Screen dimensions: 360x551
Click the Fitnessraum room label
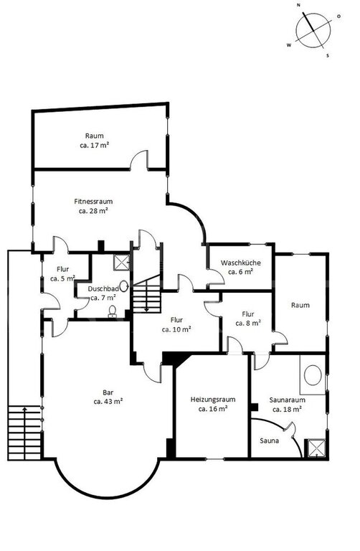[x=93, y=202]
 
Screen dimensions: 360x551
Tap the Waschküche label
[x=240, y=263]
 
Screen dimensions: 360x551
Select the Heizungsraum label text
[x=213, y=400]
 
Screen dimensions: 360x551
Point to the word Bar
[x=108, y=392]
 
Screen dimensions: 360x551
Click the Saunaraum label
[x=288, y=400]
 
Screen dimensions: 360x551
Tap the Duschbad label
[x=103, y=289]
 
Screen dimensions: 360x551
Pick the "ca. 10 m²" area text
[x=176, y=329]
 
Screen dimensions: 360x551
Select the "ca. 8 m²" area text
[x=248, y=323]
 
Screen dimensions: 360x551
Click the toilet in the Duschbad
[x=113, y=311]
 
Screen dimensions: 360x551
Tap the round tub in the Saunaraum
[x=313, y=375]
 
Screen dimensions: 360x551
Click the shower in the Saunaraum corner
[x=317, y=448]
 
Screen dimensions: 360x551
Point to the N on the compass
[x=298, y=6]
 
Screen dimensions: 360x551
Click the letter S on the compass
[x=328, y=55]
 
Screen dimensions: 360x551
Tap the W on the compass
[x=289, y=45]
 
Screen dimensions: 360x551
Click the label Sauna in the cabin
[x=270, y=441]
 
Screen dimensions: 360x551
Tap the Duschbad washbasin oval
[x=123, y=286]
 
